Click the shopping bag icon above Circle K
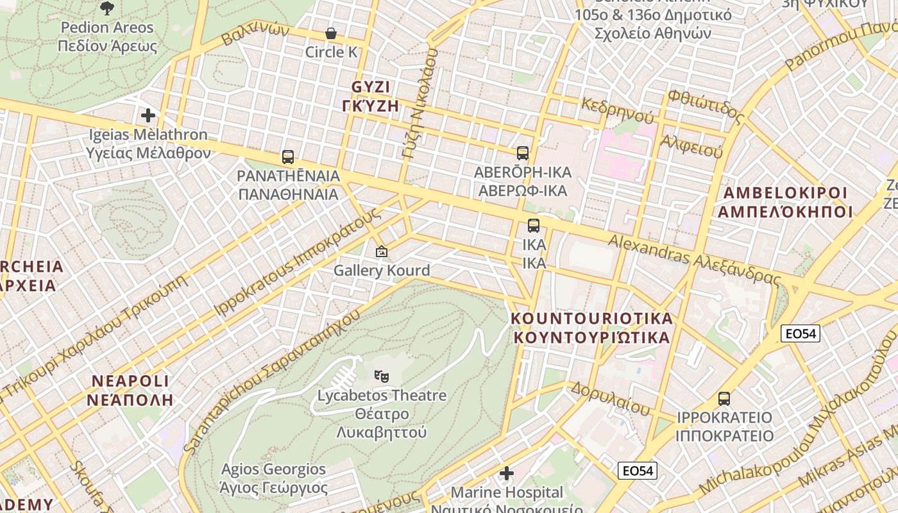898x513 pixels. [x=331, y=33]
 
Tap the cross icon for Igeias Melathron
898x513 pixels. [x=148, y=115]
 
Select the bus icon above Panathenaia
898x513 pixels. [x=288, y=157]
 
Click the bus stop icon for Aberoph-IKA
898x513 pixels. [x=523, y=153]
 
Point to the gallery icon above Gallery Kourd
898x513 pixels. [x=382, y=251]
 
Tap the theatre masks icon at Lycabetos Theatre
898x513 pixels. [x=382, y=376]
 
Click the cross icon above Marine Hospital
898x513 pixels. [x=507, y=474]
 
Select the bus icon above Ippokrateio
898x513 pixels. [x=724, y=398]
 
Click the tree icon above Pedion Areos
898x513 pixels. [x=107, y=8]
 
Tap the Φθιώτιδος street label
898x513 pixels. [x=706, y=106]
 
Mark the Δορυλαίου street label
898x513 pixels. [x=610, y=398]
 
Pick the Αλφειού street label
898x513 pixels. [x=691, y=146]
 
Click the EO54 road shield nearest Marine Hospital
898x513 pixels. [x=638, y=471]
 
